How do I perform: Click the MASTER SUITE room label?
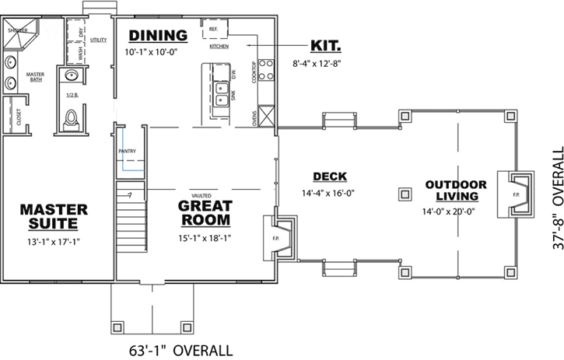(x=54, y=216)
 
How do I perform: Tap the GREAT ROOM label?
(x=205, y=213)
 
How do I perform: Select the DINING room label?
(x=158, y=36)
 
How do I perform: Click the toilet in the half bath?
(x=72, y=118)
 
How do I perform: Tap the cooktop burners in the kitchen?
(x=267, y=70)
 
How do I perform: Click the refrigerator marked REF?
(x=215, y=30)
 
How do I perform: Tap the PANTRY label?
(x=128, y=150)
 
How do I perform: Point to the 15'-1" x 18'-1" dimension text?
(x=205, y=241)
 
